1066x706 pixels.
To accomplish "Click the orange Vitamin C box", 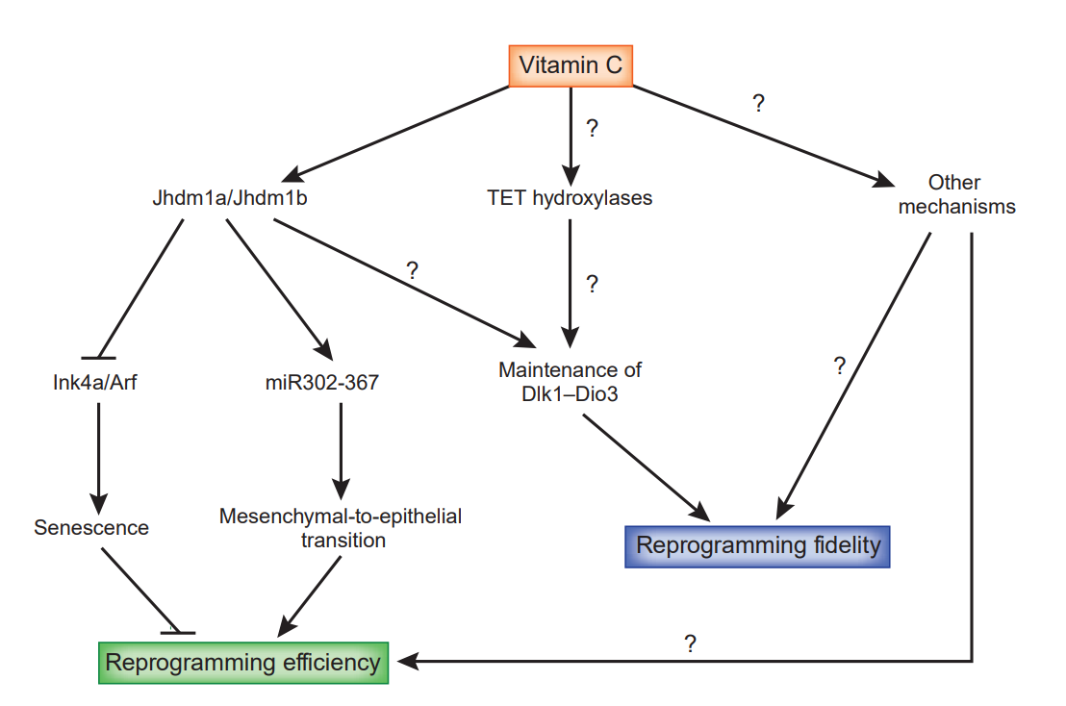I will (571, 65).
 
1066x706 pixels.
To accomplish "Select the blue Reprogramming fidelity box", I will (758, 546).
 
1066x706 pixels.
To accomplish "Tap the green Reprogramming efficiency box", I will (242, 663).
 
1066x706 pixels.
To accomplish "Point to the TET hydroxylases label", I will (571, 199).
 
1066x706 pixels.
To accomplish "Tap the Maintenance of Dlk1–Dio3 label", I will (570, 381).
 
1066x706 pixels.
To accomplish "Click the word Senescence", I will (91, 527).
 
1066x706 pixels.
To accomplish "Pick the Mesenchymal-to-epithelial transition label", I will (341, 528).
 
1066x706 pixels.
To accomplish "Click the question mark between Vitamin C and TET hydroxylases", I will (591, 129).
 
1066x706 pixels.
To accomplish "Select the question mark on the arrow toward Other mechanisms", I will (758, 104).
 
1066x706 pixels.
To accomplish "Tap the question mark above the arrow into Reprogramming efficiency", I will (690, 643).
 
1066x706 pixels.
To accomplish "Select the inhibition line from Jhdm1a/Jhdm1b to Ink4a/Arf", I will (141, 288).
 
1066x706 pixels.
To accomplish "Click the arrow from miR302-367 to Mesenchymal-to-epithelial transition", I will (340, 447).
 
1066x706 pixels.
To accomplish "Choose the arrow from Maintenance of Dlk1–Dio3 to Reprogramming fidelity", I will (643, 468).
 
